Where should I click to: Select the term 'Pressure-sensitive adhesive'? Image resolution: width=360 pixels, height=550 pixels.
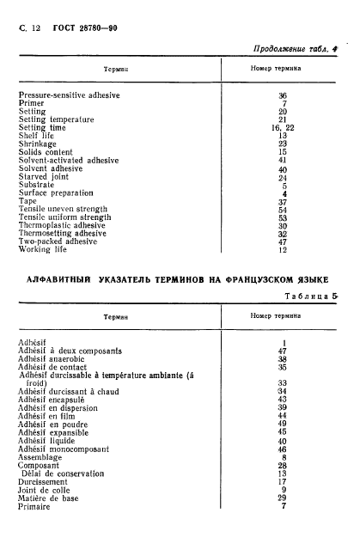69,95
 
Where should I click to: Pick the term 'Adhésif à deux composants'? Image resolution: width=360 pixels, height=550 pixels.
70,351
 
